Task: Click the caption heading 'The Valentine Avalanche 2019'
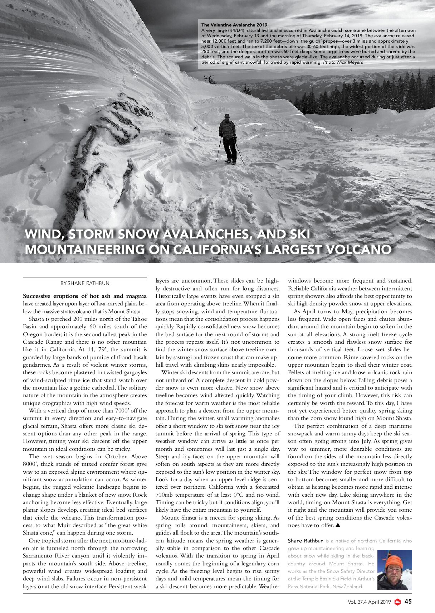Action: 234,25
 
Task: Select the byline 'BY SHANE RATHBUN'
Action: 85,283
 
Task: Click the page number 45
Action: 408,602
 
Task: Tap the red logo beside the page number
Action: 397,602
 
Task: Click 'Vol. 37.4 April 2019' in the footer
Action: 369,602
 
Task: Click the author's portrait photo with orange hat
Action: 395,570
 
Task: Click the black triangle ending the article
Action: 338,525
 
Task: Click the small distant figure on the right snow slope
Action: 351,130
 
